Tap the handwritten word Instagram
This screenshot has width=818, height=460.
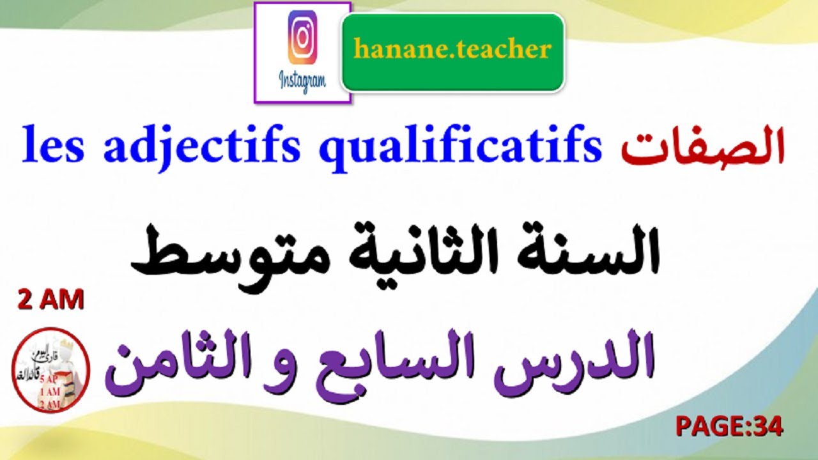click(302, 81)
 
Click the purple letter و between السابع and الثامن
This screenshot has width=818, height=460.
click(294, 371)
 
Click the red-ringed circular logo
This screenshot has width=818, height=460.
click(51, 369)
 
